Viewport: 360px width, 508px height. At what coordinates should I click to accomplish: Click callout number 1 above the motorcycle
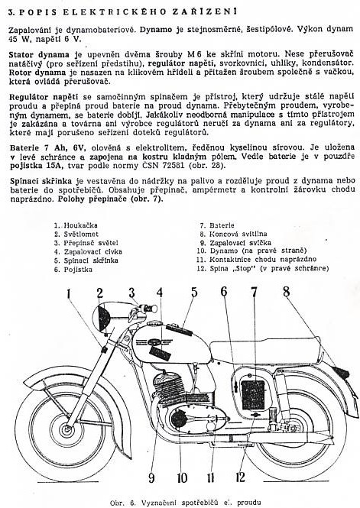[68, 294]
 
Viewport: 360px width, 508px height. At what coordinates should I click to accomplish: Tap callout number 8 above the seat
[286, 292]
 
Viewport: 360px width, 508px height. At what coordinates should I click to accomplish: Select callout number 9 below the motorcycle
[151, 477]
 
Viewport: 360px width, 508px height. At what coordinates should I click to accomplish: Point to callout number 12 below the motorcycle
[241, 477]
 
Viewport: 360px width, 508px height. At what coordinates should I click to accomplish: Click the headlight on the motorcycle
[102, 317]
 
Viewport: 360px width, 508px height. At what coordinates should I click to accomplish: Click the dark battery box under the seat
[253, 395]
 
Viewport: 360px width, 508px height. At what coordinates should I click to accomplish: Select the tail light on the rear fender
[342, 373]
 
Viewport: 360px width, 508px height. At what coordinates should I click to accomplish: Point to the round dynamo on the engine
[179, 418]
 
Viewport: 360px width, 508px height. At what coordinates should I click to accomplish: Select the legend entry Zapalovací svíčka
[235, 243]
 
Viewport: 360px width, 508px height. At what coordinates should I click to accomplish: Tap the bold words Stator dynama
[39, 54]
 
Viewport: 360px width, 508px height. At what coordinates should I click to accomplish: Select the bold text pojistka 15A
[41, 165]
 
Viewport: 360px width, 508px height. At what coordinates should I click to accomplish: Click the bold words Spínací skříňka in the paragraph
[41, 181]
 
